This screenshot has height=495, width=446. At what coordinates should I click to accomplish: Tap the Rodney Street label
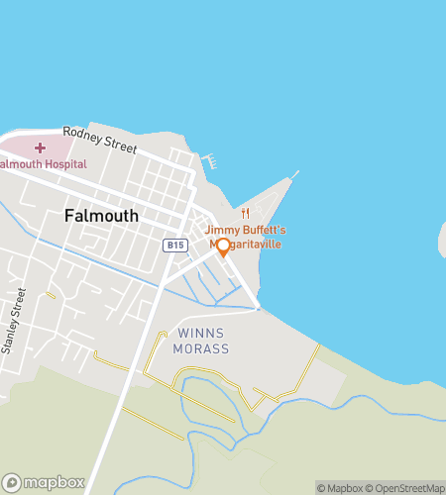(99, 139)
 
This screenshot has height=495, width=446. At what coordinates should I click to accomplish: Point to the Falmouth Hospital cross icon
(40, 148)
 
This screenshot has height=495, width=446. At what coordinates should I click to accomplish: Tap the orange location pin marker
(223, 247)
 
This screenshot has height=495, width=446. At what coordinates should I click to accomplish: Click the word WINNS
(203, 334)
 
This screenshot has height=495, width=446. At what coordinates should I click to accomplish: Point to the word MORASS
(203, 348)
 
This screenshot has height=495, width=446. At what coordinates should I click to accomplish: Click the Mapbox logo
(44, 482)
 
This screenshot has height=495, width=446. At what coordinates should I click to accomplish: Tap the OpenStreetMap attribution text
(405, 487)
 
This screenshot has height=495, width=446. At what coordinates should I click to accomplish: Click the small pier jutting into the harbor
(208, 158)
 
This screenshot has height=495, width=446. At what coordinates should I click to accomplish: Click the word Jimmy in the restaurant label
(222, 230)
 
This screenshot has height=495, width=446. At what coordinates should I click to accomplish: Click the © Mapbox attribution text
(341, 487)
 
